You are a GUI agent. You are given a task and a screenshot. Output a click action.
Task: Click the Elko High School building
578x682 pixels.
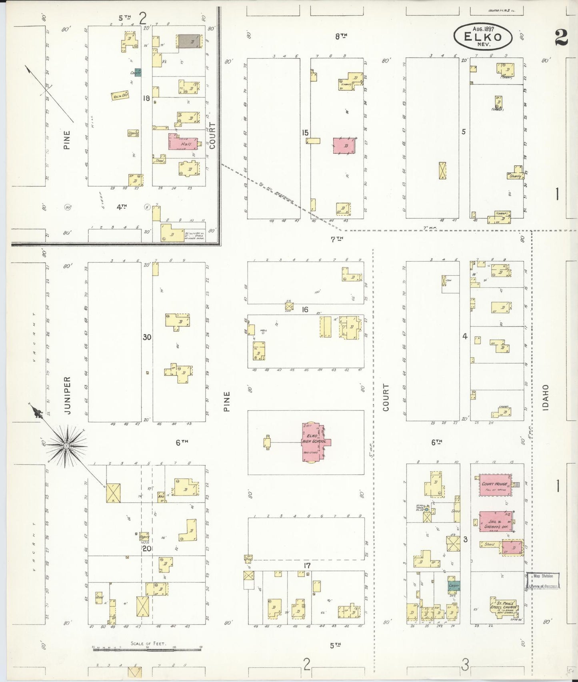(x=315, y=442)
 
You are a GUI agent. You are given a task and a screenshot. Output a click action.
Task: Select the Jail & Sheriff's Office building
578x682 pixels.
(x=495, y=521)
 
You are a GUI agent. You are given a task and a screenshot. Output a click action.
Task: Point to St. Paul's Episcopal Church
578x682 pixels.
(x=504, y=606)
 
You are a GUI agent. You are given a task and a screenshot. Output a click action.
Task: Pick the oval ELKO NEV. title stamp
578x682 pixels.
(x=483, y=36)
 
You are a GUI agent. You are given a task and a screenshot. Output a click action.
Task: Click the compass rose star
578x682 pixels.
(x=66, y=445)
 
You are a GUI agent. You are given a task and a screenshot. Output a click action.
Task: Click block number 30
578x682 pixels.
(x=147, y=337)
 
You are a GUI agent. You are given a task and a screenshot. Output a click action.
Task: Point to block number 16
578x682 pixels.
(x=305, y=309)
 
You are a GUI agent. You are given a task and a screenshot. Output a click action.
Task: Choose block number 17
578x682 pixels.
(x=307, y=566)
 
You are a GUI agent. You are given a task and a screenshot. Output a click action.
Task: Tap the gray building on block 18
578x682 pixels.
(x=190, y=41)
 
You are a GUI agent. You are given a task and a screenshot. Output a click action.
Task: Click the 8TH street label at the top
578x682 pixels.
(x=340, y=36)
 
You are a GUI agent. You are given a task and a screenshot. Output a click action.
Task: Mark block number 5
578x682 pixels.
(x=464, y=131)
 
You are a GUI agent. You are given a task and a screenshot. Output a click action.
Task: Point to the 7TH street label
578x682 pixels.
(x=337, y=239)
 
